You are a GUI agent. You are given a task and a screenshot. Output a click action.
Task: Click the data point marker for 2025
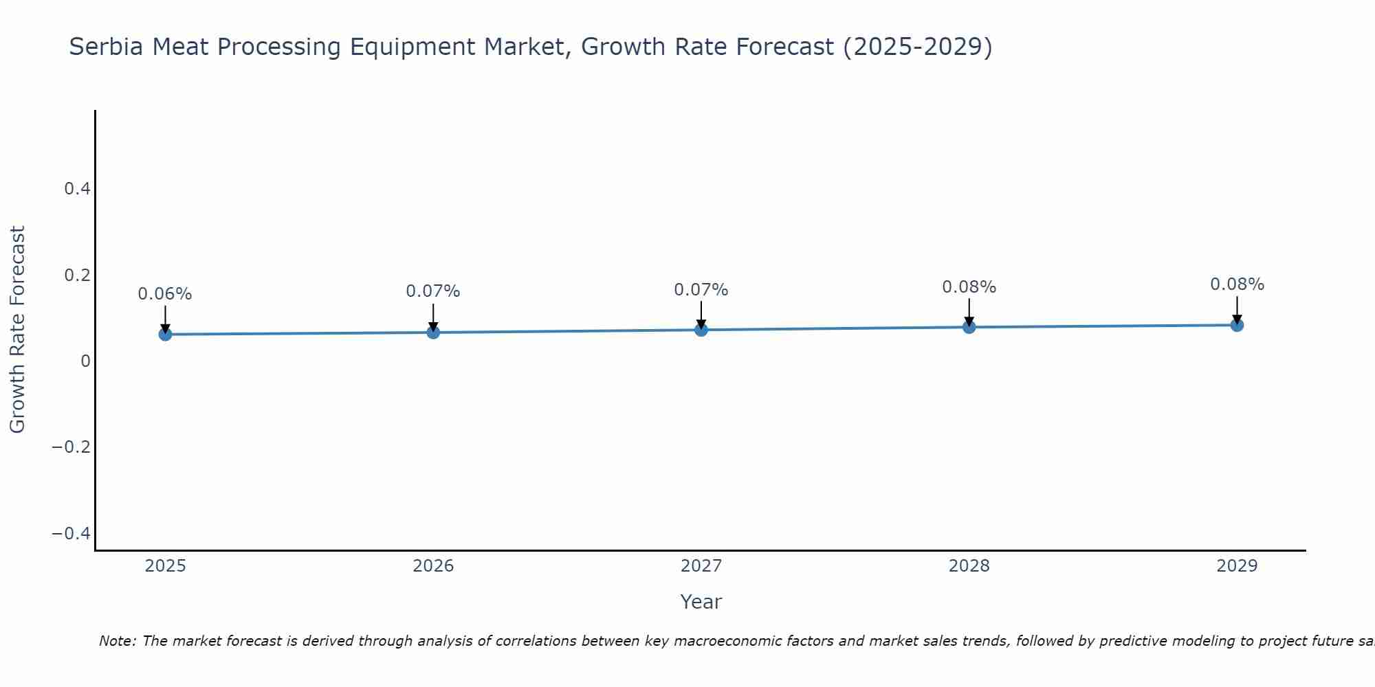(165, 334)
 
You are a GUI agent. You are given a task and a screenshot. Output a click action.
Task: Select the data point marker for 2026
(433, 333)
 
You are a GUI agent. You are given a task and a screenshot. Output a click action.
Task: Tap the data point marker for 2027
(701, 330)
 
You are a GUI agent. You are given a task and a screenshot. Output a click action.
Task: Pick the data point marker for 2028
(969, 327)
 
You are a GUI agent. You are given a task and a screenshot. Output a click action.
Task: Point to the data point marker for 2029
(1237, 325)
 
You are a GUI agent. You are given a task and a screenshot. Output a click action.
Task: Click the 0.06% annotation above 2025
(165, 294)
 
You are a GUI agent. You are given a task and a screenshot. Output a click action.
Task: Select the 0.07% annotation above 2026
(433, 291)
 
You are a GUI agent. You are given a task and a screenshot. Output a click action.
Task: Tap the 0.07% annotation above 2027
(701, 290)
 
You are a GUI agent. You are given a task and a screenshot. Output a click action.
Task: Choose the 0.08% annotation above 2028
(969, 287)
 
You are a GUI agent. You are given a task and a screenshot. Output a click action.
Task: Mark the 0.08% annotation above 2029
(1237, 284)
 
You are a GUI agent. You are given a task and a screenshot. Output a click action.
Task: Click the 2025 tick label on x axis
(166, 566)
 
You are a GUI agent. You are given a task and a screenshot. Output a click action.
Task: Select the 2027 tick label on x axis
(701, 566)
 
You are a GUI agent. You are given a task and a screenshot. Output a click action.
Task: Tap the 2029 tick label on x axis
(1237, 566)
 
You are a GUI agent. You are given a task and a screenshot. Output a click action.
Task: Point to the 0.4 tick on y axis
(78, 188)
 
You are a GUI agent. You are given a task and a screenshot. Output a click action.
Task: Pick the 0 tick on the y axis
(85, 361)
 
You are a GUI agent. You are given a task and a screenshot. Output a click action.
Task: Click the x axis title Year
(701, 602)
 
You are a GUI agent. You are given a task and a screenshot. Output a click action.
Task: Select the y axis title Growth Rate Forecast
(17, 329)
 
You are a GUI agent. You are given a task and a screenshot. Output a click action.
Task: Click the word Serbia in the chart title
(107, 47)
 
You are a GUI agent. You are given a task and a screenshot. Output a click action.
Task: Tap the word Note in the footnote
(116, 641)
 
